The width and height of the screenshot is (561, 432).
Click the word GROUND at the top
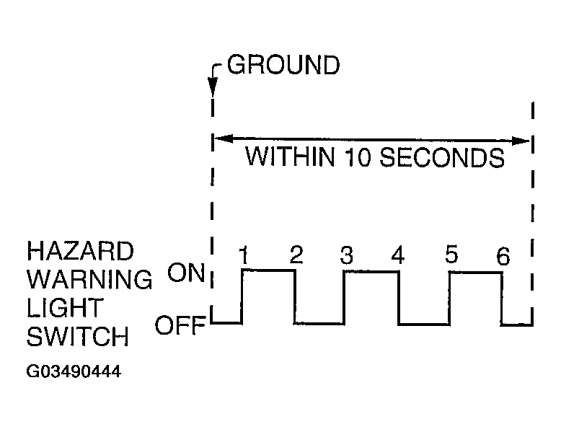coord(283,66)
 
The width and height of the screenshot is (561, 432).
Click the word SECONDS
coord(442,157)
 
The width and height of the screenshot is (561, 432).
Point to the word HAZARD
coord(80,252)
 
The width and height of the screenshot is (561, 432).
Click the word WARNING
coord(89,279)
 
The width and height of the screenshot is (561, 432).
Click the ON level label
coord(186,273)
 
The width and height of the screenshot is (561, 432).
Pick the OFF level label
coord(180,326)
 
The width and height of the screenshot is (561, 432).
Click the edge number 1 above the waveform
coord(244,255)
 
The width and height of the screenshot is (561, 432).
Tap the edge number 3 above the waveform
coord(346,255)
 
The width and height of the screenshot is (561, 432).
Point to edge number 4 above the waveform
coord(397,255)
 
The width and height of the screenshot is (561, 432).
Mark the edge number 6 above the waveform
coord(503,255)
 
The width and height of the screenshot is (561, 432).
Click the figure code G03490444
coord(73,373)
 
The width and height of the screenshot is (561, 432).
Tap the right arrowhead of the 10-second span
coord(524,140)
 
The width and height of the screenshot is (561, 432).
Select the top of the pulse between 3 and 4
coord(371,271)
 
